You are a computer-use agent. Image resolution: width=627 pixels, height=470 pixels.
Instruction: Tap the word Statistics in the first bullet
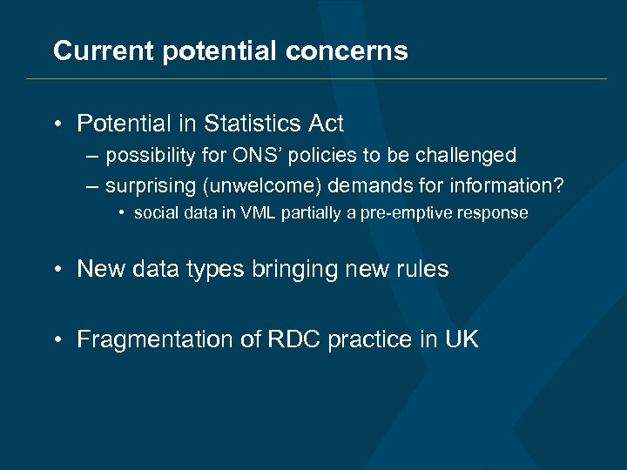point(251,124)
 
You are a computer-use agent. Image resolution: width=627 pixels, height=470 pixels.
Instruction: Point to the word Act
point(327,124)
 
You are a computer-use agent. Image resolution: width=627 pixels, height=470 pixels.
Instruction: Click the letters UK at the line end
point(462,339)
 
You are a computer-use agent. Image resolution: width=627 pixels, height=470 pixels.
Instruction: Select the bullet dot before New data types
point(58,270)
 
